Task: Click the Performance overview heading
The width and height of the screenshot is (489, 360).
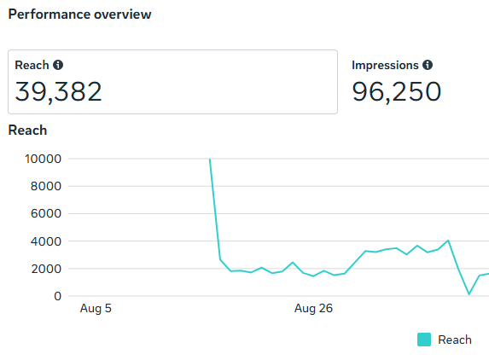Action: pyautogui.click(x=79, y=15)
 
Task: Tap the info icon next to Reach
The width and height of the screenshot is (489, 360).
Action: pyautogui.click(x=58, y=65)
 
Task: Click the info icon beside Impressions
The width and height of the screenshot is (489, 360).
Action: pyautogui.click(x=428, y=65)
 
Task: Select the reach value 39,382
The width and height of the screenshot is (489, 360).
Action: pyautogui.click(x=58, y=91)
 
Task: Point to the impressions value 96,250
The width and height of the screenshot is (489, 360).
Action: pyautogui.click(x=396, y=91)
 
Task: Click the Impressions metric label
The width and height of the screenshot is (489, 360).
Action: pyautogui.click(x=385, y=65)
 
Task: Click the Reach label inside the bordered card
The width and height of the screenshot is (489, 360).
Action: pyautogui.click(x=32, y=65)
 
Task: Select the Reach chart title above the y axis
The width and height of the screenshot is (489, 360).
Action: pyautogui.click(x=27, y=131)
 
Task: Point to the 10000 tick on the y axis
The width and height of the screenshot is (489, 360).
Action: pyautogui.click(x=43, y=159)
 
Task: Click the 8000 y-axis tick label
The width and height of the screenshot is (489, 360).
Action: pyautogui.click(x=46, y=186)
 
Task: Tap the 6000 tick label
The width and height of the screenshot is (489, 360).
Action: pyautogui.click(x=46, y=214)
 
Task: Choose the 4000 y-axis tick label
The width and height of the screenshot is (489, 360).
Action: pyautogui.click(x=46, y=241)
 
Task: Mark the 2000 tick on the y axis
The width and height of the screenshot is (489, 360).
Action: pyautogui.click(x=46, y=269)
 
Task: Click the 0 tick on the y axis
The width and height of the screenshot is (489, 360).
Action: pyautogui.click(x=58, y=296)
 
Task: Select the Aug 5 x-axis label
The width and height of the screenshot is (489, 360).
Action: pyautogui.click(x=96, y=309)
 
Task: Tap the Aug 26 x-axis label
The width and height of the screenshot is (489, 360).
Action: pyautogui.click(x=313, y=309)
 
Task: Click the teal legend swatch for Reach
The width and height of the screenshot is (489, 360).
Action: pyautogui.click(x=424, y=340)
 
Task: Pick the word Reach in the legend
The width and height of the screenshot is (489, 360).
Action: pyautogui.click(x=455, y=340)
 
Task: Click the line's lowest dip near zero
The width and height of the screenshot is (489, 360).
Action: pyautogui.click(x=469, y=294)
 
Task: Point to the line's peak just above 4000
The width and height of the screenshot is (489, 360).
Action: pyautogui.click(x=448, y=241)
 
